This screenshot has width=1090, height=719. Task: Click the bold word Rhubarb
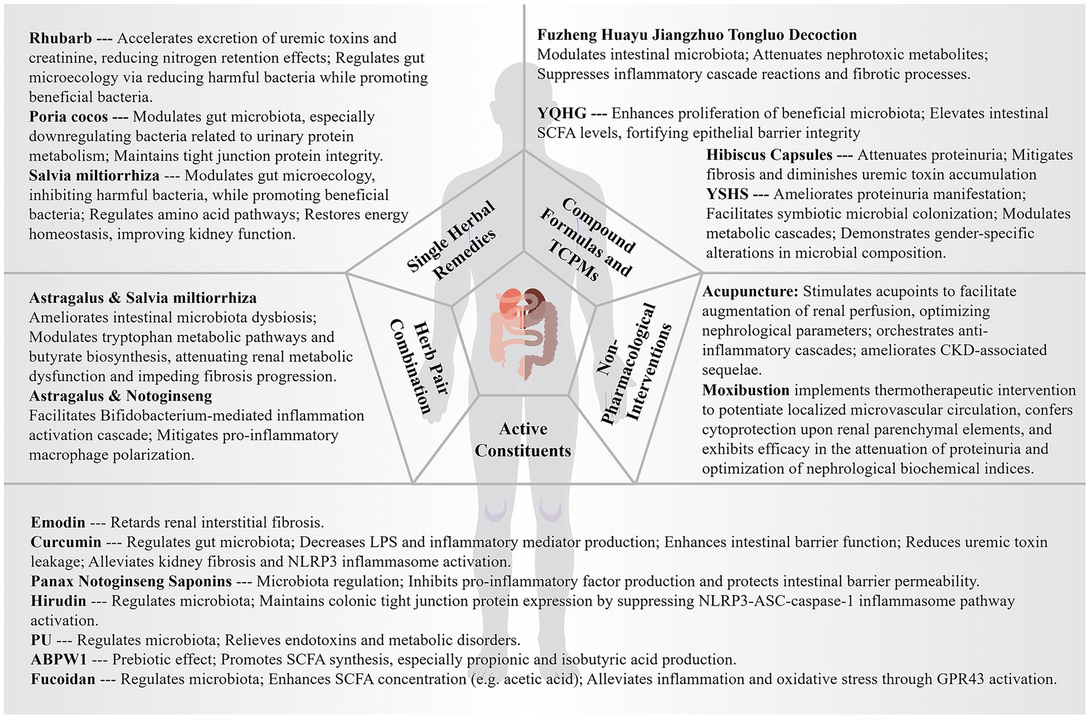coord(60,38)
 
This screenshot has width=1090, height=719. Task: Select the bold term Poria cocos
coord(68,117)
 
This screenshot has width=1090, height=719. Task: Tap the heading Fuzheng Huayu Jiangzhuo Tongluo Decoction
coord(696,35)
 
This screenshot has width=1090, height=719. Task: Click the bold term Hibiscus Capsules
coord(769,155)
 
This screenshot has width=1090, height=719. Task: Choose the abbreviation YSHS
coord(727,194)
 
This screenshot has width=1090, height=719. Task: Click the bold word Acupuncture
coord(750,292)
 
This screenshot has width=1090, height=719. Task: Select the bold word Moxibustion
coord(746,391)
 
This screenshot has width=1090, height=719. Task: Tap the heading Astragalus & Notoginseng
coord(120,396)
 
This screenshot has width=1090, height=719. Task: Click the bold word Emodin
coord(58,522)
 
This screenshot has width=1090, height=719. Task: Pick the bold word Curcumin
coord(66,542)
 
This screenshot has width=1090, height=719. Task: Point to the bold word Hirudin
coord(58,601)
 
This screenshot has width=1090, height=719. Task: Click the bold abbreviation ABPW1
coord(59,659)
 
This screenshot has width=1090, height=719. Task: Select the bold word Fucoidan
coord(63,679)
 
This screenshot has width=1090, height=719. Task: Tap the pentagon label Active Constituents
coord(523,439)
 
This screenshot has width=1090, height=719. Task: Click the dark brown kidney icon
coord(538,298)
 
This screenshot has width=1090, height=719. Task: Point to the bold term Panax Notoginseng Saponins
coord(131,582)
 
